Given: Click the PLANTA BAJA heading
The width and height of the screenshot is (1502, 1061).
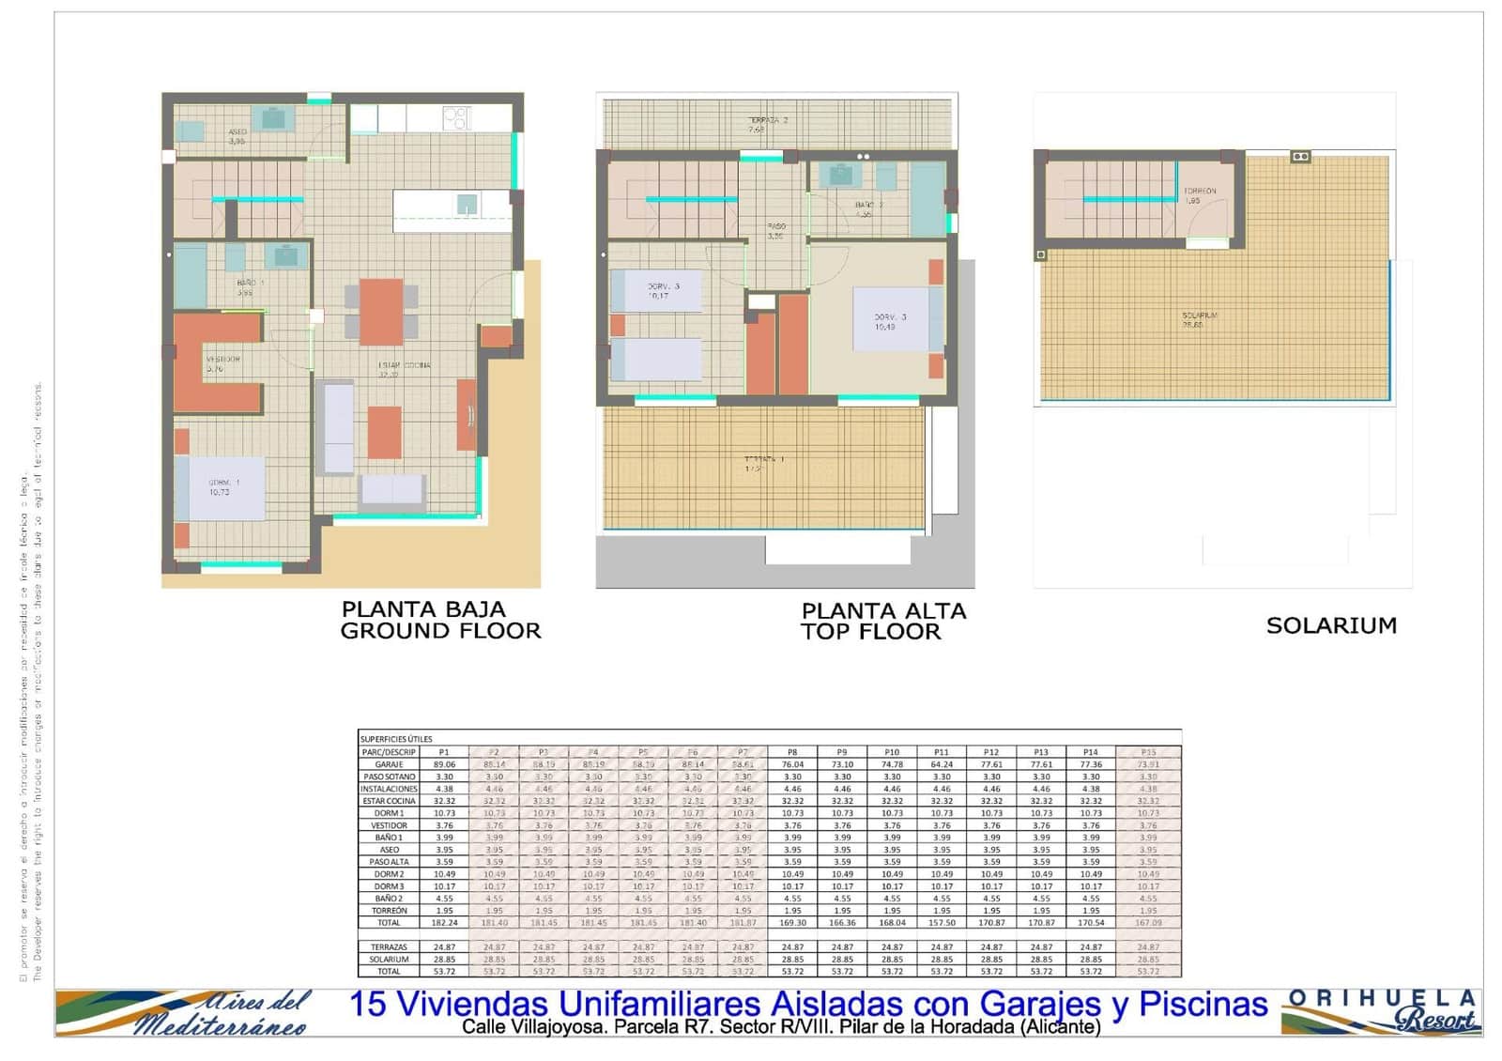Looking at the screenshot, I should click(x=422, y=609).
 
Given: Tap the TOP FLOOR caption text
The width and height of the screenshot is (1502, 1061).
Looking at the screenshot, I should click(x=870, y=632).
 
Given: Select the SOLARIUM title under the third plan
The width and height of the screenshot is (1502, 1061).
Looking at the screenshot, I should click(x=1330, y=625).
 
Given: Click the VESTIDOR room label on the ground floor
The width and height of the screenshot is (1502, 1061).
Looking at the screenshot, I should click(x=223, y=360).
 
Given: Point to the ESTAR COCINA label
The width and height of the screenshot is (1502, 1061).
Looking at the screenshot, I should click(x=404, y=365).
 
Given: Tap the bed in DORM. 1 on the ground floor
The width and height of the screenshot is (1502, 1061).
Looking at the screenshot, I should click(x=220, y=488).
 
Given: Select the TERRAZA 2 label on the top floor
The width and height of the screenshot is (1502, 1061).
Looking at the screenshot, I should click(x=767, y=120).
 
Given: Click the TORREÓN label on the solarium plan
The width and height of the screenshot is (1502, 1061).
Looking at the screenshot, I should click(x=1199, y=191).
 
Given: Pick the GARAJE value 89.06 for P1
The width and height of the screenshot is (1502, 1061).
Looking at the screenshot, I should click(x=444, y=764).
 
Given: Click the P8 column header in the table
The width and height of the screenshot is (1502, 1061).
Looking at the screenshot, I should click(x=792, y=752).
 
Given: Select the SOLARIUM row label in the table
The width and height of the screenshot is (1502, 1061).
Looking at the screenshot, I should click(x=389, y=960).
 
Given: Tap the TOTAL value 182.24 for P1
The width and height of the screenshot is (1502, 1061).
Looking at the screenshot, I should click(x=444, y=923).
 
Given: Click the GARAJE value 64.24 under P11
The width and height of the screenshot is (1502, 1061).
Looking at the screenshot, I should click(x=942, y=764).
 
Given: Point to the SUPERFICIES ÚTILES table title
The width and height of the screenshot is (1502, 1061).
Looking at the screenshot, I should click(x=396, y=739).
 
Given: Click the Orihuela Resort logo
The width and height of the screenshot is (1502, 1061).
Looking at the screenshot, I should click(x=1382, y=1011).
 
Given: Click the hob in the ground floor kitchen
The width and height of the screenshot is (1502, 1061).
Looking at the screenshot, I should click(x=455, y=117).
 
